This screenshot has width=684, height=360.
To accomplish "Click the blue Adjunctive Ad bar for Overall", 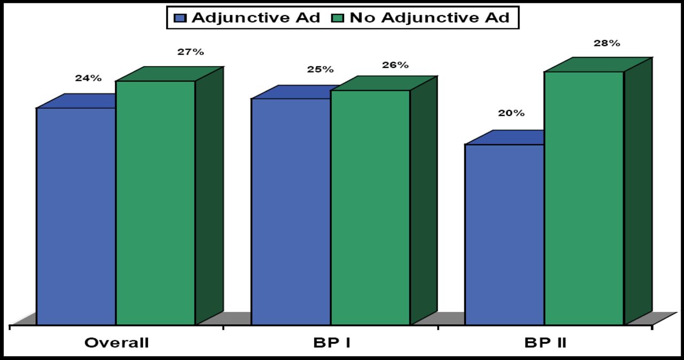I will click(76, 216).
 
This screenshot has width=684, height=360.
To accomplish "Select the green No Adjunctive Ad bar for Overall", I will click(156, 202).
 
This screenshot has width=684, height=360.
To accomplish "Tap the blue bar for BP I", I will click(291, 212).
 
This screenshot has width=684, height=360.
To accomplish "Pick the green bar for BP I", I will click(370, 207).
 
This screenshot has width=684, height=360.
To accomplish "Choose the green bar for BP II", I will click(584, 198).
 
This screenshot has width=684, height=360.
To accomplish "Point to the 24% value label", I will click(88, 78).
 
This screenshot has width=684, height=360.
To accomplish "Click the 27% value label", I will click(191, 52).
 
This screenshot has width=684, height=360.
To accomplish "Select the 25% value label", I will click(320, 69).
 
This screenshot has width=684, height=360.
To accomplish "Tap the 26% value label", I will click(395, 65).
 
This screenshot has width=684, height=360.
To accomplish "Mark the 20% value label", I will click(511, 113).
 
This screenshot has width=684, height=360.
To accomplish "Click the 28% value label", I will click(607, 43).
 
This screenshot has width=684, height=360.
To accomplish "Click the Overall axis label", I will click(116, 343).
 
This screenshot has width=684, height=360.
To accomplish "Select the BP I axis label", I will click(331, 343).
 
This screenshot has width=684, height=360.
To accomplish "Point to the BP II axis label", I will click(546, 343).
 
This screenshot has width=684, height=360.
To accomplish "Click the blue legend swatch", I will click(181, 18).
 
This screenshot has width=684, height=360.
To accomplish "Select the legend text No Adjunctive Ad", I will click(430, 18).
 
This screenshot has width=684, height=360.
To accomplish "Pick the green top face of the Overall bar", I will click(169, 74).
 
